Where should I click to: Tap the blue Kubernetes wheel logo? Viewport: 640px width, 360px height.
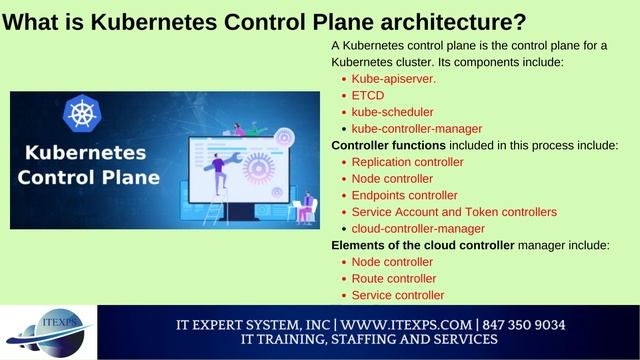click(x=80, y=111)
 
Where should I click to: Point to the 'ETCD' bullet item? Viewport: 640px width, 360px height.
click(x=368, y=95)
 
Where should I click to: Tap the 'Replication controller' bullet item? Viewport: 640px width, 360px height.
click(x=408, y=162)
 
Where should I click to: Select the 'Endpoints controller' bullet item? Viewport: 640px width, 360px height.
click(x=405, y=195)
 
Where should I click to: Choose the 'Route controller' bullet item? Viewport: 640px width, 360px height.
click(x=394, y=279)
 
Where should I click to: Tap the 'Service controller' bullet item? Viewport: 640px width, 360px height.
click(x=398, y=295)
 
